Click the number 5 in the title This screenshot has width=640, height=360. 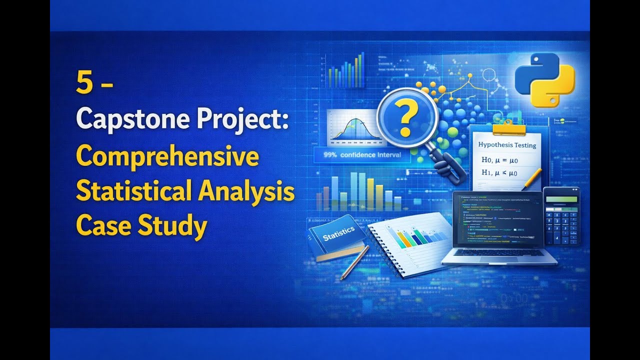[x=84, y=82]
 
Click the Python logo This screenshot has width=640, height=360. [x=544, y=80]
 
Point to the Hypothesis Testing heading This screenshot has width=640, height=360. [x=507, y=145]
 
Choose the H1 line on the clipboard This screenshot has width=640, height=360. [x=499, y=173]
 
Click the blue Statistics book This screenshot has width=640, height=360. [x=337, y=237]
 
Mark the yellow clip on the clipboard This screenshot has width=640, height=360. [x=509, y=128]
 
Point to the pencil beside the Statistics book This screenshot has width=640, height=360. [x=354, y=262]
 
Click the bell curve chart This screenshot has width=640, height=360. [x=352, y=128]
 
